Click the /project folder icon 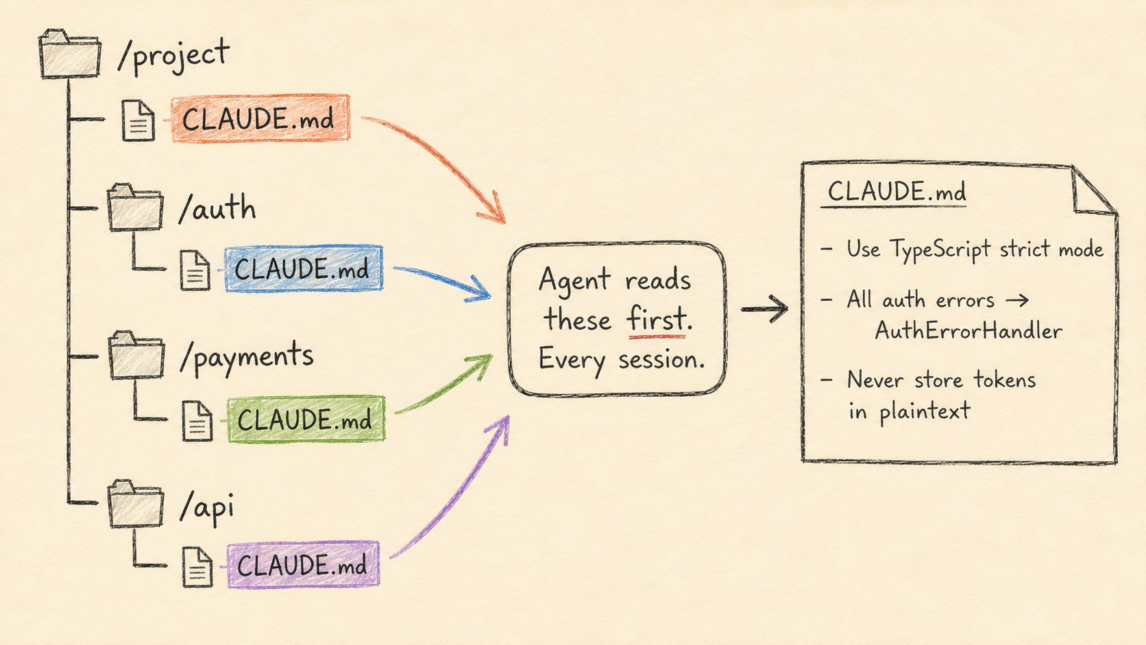point(69,53)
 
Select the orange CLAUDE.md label point(260,118)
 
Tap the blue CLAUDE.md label point(304,269)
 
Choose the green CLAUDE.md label point(306,419)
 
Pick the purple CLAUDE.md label point(303,565)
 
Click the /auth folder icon point(135,208)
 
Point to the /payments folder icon point(136,356)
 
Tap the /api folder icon point(136,504)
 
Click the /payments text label point(246,356)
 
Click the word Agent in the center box point(574,280)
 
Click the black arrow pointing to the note point(764,308)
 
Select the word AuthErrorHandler point(968,330)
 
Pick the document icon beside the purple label point(197,567)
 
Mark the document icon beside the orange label point(138,120)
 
